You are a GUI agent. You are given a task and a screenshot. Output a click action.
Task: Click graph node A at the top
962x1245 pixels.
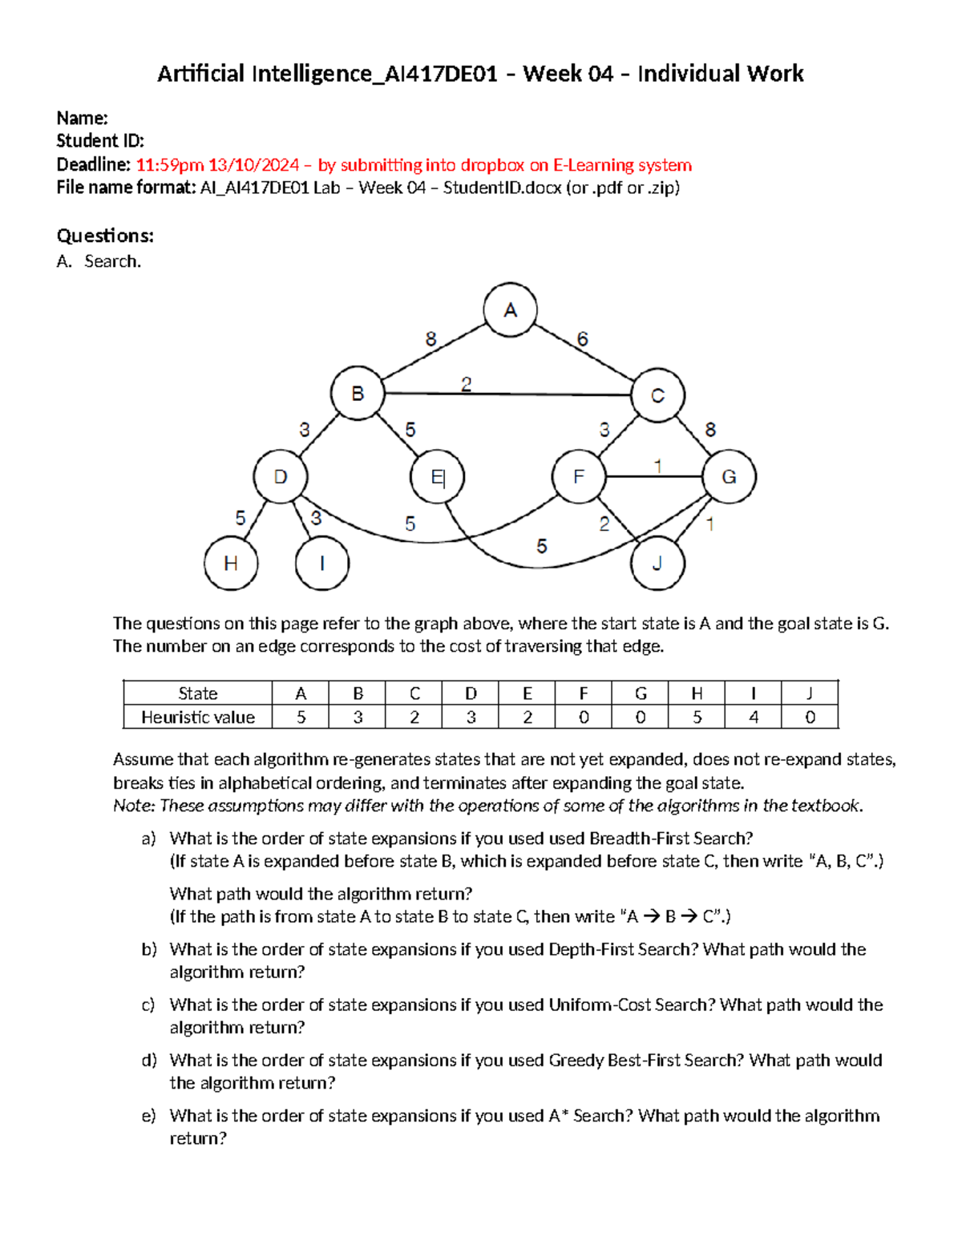(x=510, y=310)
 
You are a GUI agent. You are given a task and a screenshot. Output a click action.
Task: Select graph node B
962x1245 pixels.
(x=358, y=394)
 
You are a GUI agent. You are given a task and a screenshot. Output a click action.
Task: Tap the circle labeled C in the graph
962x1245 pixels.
(x=657, y=395)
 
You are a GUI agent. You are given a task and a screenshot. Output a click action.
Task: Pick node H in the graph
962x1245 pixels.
(x=231, y=564)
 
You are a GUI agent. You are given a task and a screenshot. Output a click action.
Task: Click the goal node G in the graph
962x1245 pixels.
(x=729, y=477)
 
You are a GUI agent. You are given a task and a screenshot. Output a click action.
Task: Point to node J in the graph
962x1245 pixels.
(x=657, y=564)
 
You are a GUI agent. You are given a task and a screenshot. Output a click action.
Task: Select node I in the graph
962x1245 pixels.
(x=322, y=564)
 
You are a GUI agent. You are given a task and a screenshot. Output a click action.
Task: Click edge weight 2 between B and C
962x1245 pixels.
(x=466, y=385)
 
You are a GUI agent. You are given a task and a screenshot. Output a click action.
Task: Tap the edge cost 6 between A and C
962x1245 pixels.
(x=582, y=339)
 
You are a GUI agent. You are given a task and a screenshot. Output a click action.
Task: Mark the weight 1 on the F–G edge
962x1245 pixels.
(x=658, y=466)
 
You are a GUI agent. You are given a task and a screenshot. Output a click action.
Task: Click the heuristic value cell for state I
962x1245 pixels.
(x=753, y=717)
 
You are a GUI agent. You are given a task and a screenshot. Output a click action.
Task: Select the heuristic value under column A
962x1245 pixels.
(x=301, y=717)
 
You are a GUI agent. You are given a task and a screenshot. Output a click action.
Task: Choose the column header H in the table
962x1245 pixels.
(x=697, y=693)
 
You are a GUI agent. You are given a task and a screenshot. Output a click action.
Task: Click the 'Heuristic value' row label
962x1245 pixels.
(x=198, y=717)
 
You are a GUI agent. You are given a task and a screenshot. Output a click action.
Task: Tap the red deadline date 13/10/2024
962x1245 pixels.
(x=253, y=165)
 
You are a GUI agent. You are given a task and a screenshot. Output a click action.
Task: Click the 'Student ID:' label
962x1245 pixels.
(x=100, y=141)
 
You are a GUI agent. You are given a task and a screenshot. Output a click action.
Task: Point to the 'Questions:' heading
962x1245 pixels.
(x=105, y=236)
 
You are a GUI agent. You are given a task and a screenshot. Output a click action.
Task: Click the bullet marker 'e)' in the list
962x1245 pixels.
(x=149, y=1116)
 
